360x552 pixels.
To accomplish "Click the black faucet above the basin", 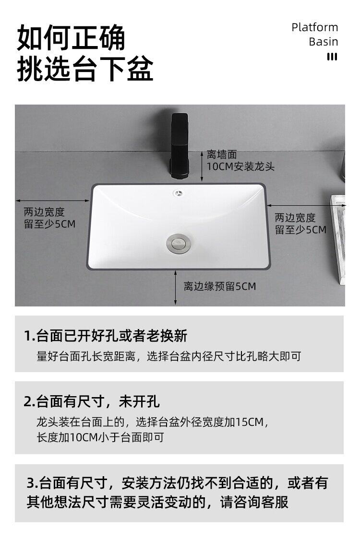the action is [x=180, y=146].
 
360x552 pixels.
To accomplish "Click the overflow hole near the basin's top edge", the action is [x=179, y=193].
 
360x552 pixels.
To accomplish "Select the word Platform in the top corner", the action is [x=314, y=27].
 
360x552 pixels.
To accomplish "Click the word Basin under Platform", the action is [x=324, y=42].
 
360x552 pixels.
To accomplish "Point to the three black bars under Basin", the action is [x=332, y=56].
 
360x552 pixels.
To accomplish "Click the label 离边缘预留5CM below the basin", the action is [x=220, y=286].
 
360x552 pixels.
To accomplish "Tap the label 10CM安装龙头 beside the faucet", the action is [x=240, y=166].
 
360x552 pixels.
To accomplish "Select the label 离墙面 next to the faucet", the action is [x=222, y=154].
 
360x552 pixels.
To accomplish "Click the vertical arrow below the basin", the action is [x=175, y=288].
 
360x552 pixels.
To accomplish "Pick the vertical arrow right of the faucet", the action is [x=202, y=166].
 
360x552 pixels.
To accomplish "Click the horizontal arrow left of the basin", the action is [x=52, y=200].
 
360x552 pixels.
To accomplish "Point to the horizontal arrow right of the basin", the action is [x=306, y=205].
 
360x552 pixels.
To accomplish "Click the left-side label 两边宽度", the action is [x=44, y=212].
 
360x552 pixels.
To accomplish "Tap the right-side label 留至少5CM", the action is [x=300, y=230].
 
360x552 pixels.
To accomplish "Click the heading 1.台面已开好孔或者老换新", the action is [x=105, y=336].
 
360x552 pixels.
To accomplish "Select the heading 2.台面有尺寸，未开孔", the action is [x=92, y=401].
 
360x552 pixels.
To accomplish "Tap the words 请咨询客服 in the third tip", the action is [x=254, y=502].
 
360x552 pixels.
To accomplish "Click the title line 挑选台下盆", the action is [x=85, y=68].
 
